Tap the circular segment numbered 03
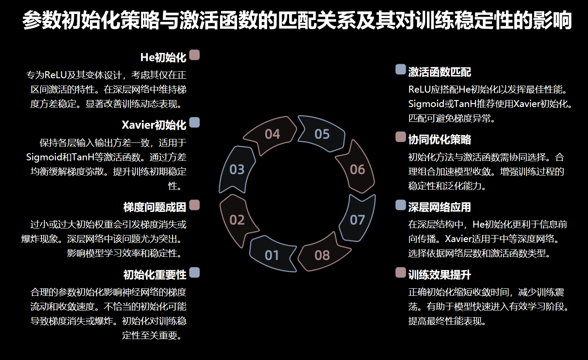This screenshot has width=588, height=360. click(237, 169)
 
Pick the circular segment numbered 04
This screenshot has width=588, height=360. click(272, 134)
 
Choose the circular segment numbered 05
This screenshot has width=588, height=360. click(322, 134)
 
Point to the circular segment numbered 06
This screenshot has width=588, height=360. click(357, 169)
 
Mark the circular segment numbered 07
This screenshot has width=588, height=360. click(357, 219)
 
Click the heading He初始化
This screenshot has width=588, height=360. click(163, 57)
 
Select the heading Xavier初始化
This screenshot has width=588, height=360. click(154, 125)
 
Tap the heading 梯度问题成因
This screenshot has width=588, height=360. click(155, 207)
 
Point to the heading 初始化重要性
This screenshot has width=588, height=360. click(155, 275)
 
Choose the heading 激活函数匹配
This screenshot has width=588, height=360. click(440, 72)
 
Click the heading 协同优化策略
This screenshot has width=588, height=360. click(440, 139)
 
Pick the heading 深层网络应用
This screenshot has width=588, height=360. click(440, 207)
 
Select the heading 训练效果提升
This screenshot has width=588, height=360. click(440, 275)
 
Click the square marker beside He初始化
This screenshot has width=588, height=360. click(195, 55)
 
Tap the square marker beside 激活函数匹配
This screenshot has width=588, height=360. click(400, 69)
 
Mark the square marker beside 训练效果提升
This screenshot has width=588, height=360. click(400, 273)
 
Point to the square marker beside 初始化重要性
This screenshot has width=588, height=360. click(195, 272)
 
